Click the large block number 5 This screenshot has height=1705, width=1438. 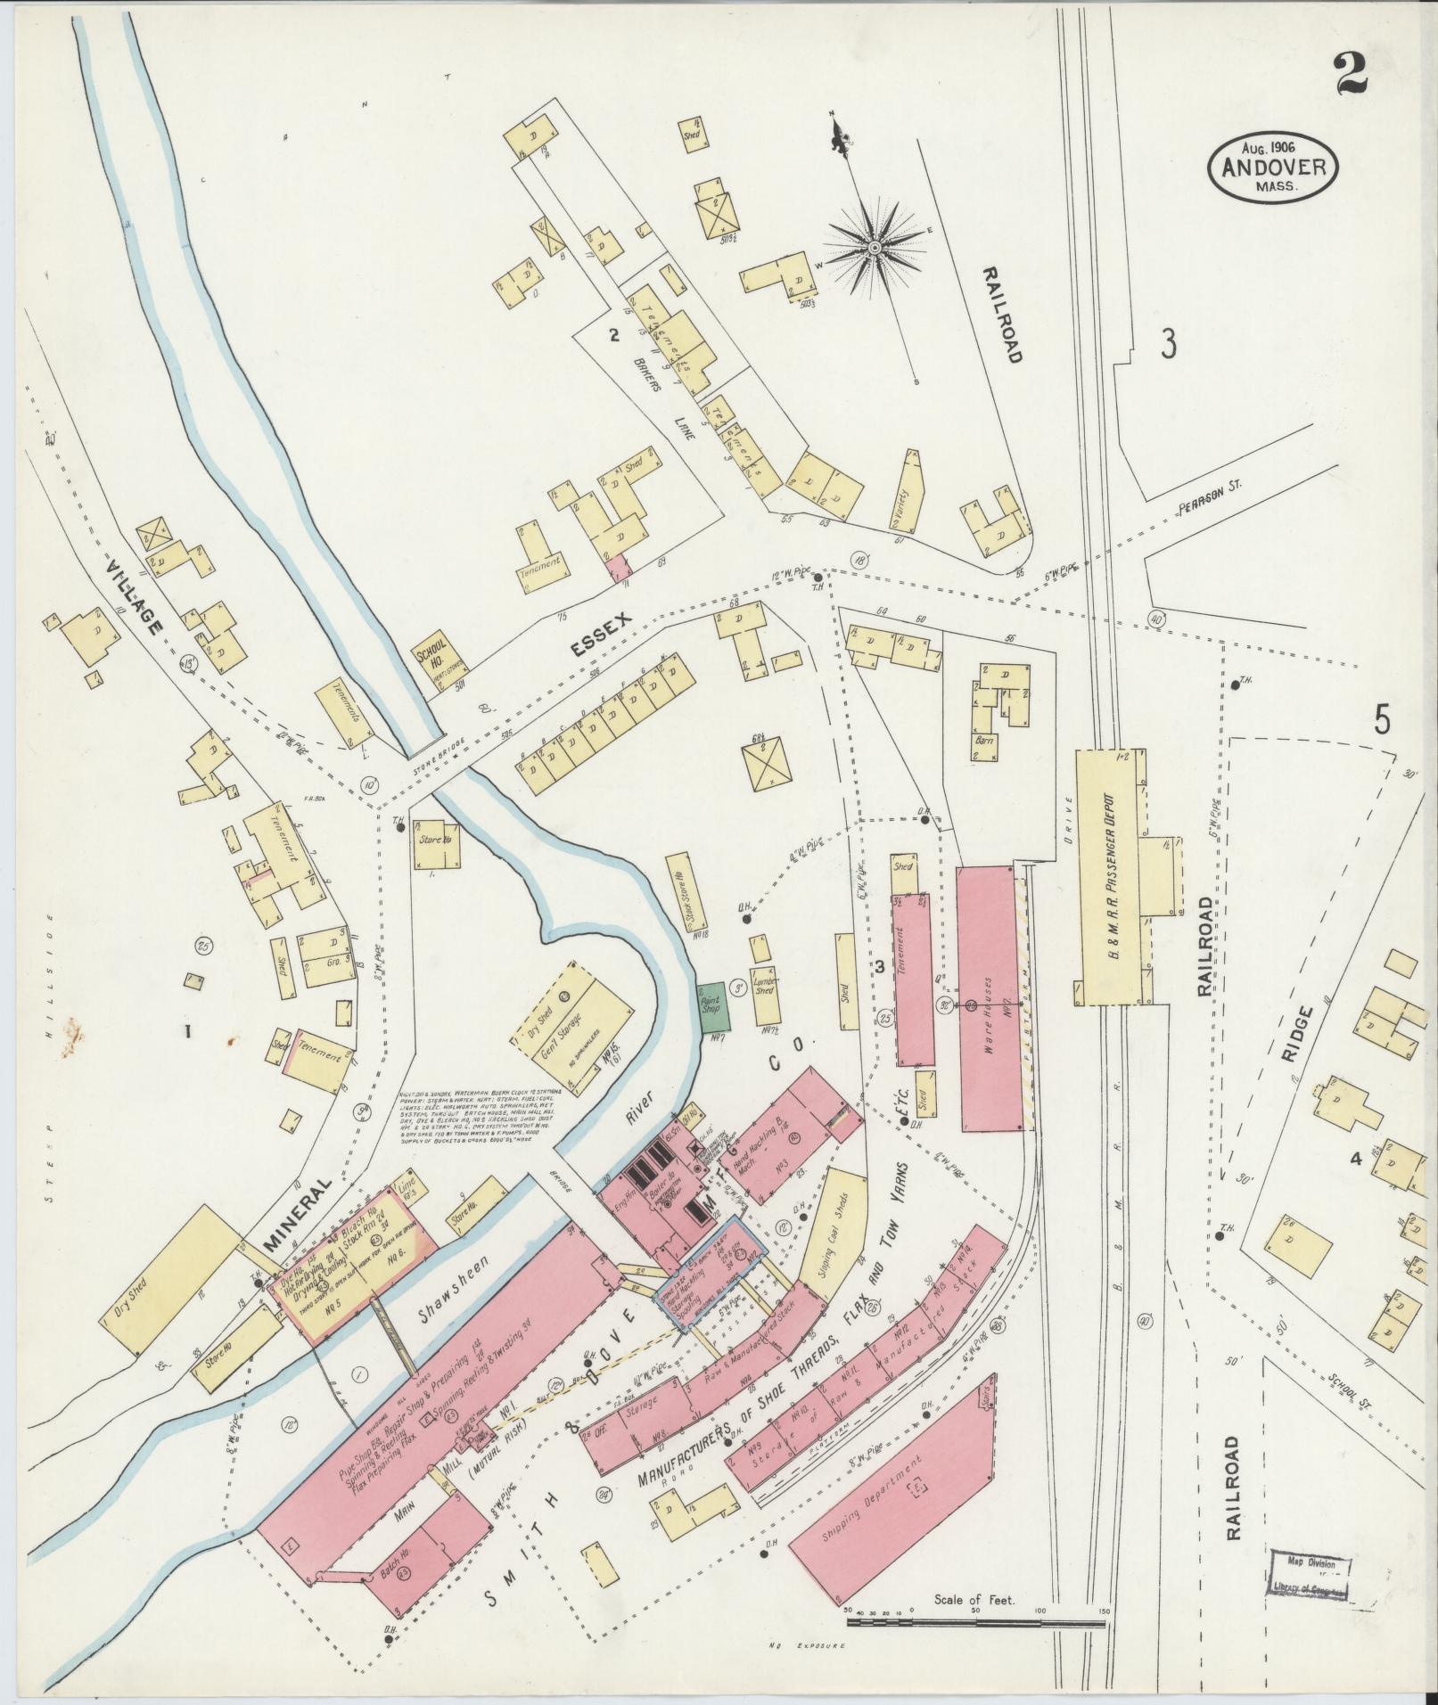[1381, 718]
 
